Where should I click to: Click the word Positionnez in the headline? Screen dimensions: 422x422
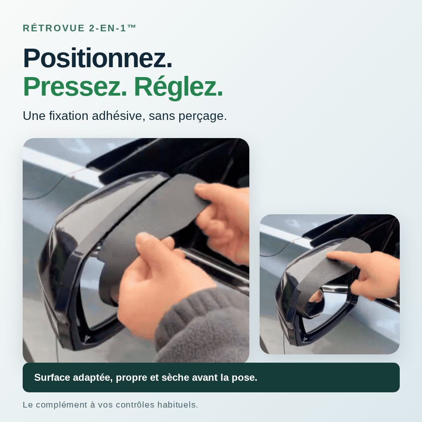click(x=97, y=58)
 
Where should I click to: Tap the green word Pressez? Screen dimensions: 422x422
click(x=75, y=87)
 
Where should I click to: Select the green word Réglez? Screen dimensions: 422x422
click(x=178, y=87)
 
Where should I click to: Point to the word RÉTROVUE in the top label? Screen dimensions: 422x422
click(x=54, y=28)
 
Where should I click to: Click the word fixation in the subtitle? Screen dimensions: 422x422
click(x=69, y=116)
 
